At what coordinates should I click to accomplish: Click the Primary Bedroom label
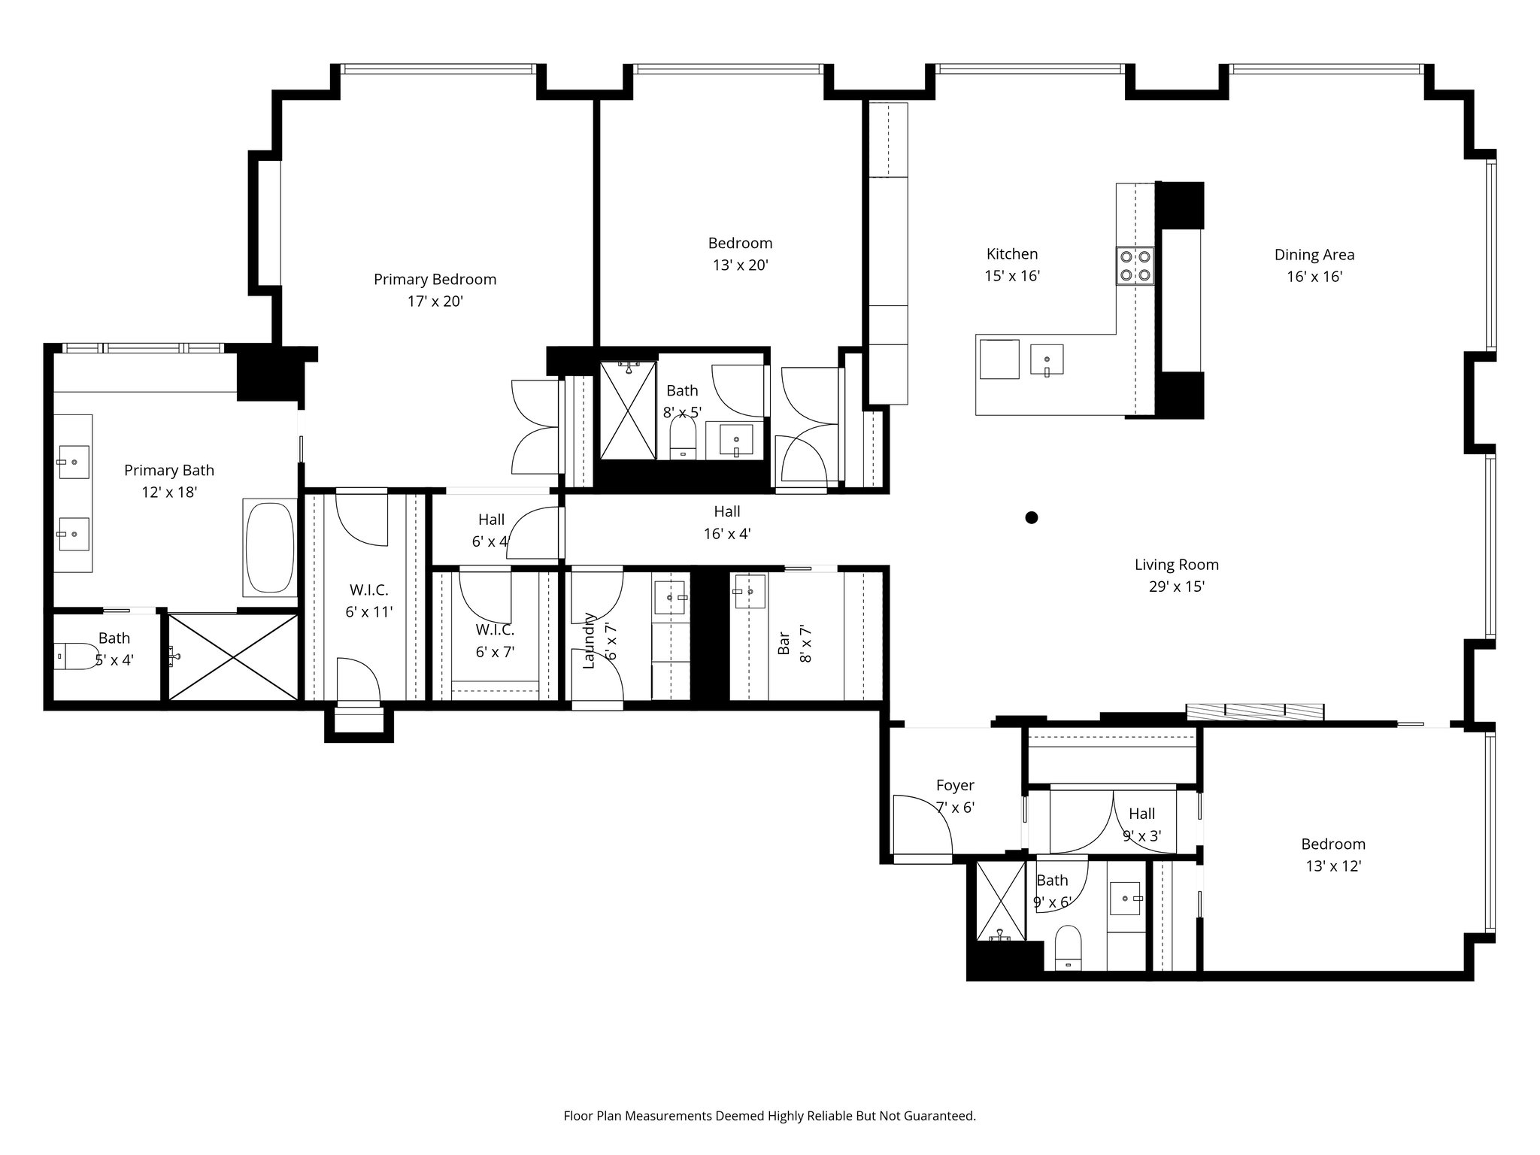[435, 280]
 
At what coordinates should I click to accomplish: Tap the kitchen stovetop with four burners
[1135, 265]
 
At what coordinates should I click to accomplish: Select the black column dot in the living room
[1032, 517]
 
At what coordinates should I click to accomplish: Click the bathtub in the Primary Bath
[269, 547]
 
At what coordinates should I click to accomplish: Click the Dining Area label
[1314, 255]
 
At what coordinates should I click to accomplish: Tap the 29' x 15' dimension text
[1176, 587]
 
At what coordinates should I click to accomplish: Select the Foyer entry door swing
[921, 824]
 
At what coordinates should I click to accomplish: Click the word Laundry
[589, 641]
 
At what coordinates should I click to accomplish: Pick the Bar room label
[784, 643]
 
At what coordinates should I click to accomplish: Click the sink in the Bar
[749, 592]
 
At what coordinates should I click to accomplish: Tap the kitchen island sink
[1047, 360]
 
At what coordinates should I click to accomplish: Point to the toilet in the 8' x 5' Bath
[683, 437]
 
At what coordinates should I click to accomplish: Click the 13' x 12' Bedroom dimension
[1333, 866]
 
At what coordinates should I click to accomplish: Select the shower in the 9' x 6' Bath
[1000, 901]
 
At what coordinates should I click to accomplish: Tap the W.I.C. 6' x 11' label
[368, 601]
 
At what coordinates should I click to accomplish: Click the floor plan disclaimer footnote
[769, 1116]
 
